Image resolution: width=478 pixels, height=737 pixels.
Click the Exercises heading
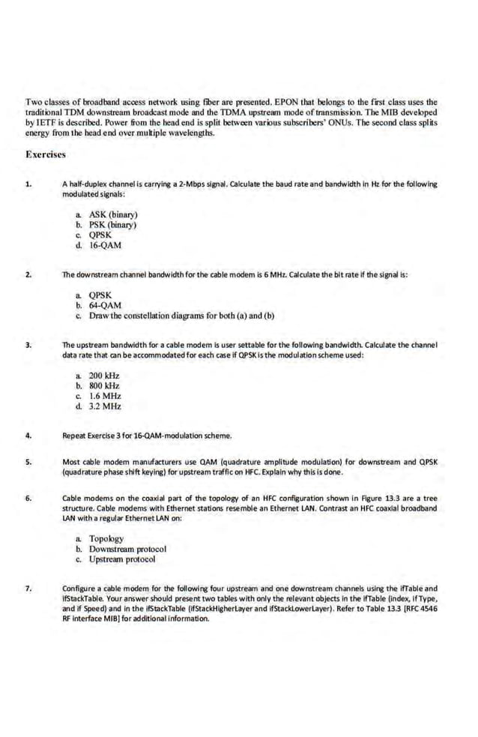46,154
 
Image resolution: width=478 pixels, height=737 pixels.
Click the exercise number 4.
28,435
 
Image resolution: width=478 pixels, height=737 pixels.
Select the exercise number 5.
28,462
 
